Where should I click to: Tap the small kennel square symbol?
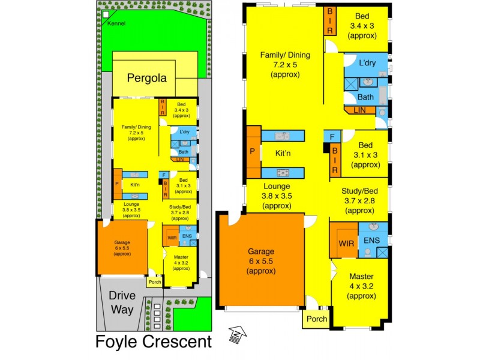click(x=106, y=14)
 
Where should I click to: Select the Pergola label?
click(x=150, y=78)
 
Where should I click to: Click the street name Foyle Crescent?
click(x=154, y=342)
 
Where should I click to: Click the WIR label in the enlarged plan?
click(x=346, y=244)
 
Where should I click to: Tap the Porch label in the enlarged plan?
click(x=317, y=319)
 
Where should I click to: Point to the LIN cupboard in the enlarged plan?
click(x=360, y=110)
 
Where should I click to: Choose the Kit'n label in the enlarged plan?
click(x=283, y=154)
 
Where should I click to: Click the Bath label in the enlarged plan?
click(x=366, y=97)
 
